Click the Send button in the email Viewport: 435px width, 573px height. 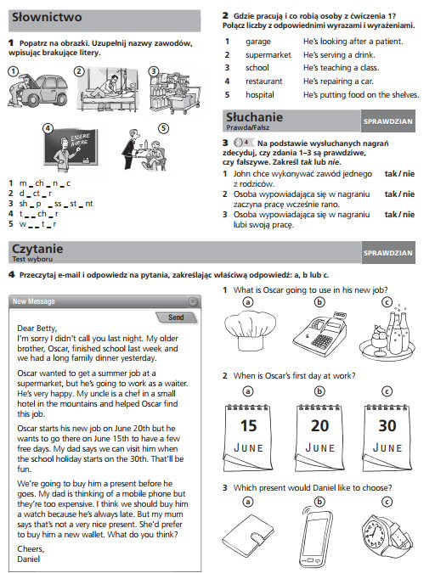[176, 317]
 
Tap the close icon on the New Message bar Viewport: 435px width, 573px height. [193, 301]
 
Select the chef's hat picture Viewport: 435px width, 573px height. [250, 331]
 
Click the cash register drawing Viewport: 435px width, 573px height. [319, 332]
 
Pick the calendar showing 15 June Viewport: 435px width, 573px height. [247, 437]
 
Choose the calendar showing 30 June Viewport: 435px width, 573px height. [387, 437]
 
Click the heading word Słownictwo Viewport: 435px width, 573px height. [47, 17]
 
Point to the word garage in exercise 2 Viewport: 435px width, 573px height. [258, 42]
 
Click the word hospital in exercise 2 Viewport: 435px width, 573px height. [259, 94]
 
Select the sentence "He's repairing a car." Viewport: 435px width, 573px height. [338, 81]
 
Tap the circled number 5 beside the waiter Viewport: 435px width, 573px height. [163, 129]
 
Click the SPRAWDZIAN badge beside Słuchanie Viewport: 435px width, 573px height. [387, 121]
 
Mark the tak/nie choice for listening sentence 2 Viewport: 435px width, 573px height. [399, 194]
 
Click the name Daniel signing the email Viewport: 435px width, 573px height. [29, 559]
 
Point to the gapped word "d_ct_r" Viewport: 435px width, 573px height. [36, 194]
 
